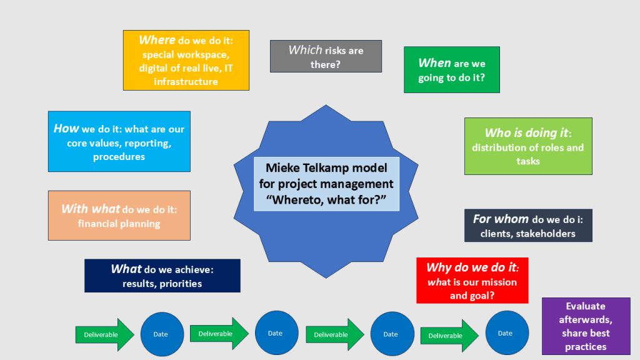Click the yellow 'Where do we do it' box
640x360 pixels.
click(x=186, y=60)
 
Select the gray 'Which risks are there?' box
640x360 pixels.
click(x=326, y=56)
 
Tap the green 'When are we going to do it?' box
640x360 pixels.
click(x=451, y=69)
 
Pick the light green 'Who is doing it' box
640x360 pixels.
click(x=528, y=146)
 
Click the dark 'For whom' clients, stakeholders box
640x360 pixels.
click(x=528, y=226)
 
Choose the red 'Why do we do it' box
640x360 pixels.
click(x=472, y=281)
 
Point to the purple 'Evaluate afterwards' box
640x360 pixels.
click(x=586, y=326)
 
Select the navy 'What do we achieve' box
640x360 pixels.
click(x=162, y=276)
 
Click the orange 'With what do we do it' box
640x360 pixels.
click(x=119, y=216)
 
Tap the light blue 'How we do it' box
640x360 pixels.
click(x=119, y=142)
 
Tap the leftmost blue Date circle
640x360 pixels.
click(x=162, y=334)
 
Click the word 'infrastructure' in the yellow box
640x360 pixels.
click(x=186, y=81)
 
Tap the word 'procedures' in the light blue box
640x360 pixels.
click(x=119, y=157)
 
